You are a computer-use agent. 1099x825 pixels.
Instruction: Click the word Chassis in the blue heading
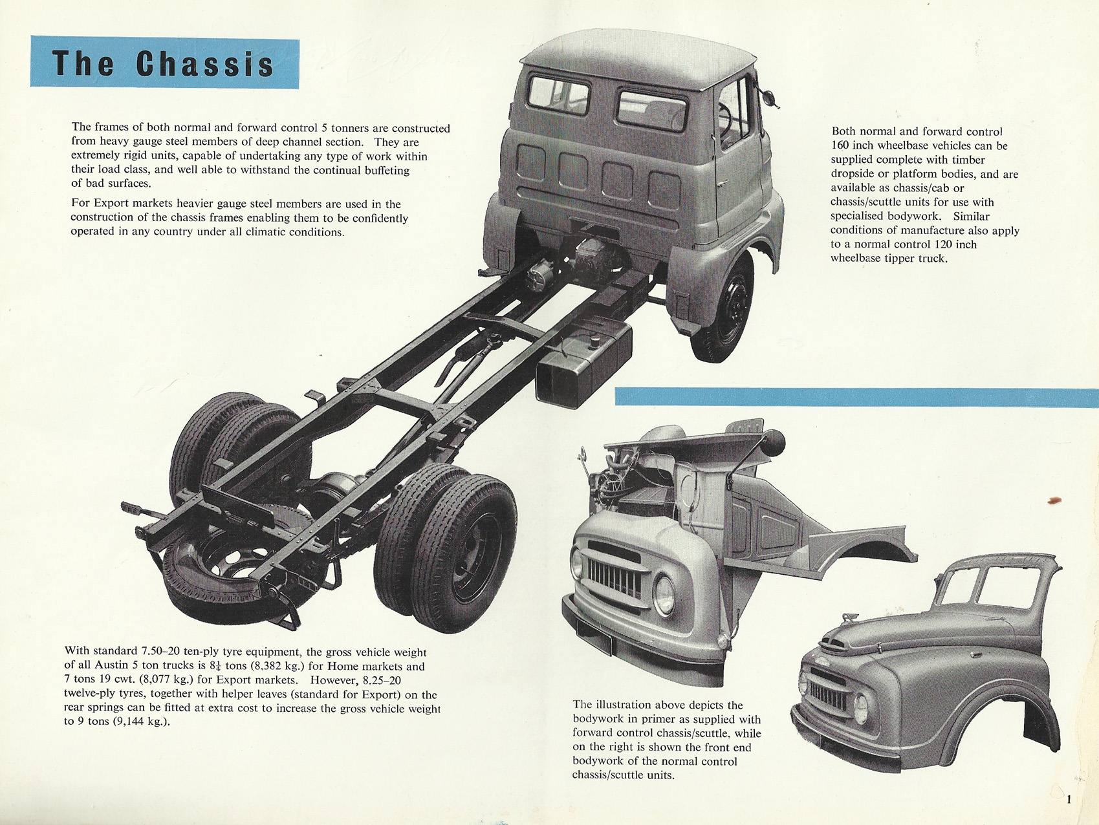point(205,64)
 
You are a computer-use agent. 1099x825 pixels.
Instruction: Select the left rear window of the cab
point(559,94)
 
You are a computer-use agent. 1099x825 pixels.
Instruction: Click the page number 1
point(1069,800)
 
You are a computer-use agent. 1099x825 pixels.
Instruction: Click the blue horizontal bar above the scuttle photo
point(856,397)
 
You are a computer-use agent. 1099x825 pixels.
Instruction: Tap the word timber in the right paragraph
point(968,160)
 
